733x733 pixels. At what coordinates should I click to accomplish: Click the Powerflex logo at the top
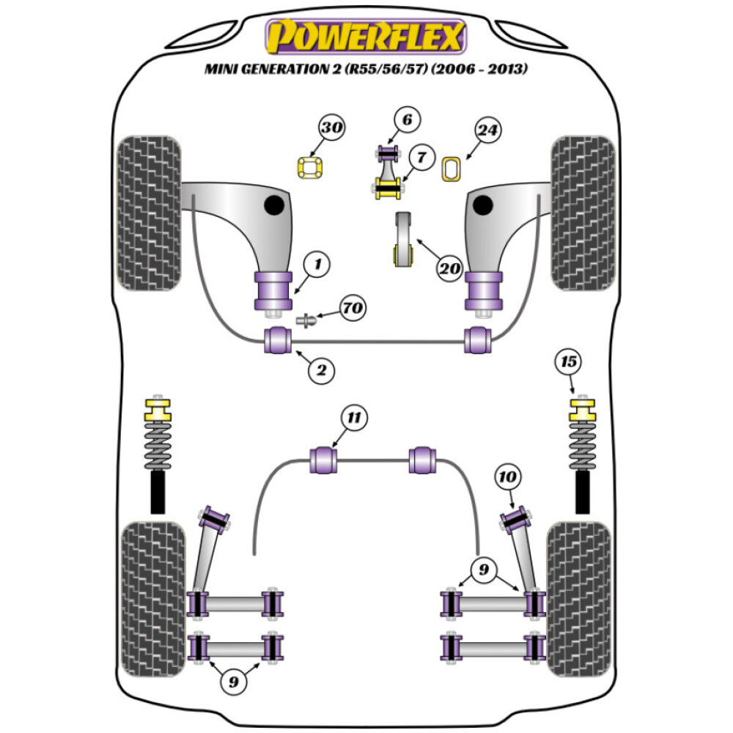click(x=366, y=37)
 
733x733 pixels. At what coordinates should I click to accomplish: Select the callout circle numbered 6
click(x=408, y=119)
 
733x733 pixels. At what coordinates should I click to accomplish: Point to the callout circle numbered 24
click(x=487, y=131)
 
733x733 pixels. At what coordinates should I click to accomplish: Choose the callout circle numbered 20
click(x=449, y=269)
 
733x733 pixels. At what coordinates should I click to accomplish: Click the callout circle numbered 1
click(x=317, y=263)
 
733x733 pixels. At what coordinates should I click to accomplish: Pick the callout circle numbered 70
click(x=353, y=309)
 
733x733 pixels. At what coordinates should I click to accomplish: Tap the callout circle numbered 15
click(x=569, y=361)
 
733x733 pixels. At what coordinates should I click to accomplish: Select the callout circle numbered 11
click(x=355, y=419)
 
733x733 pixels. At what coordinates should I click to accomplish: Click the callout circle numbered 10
click(x=508, y=478)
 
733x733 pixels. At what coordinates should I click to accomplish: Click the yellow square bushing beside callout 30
click(x=311, y=168)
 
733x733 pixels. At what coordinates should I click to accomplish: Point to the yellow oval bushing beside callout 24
click(x=452, y=169)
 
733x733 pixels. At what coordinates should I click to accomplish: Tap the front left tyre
click(x=149, y=213)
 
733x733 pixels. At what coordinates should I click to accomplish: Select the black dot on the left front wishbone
click(x=276, y=206)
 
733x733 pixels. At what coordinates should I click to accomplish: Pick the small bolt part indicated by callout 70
click(x=307, y=320)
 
